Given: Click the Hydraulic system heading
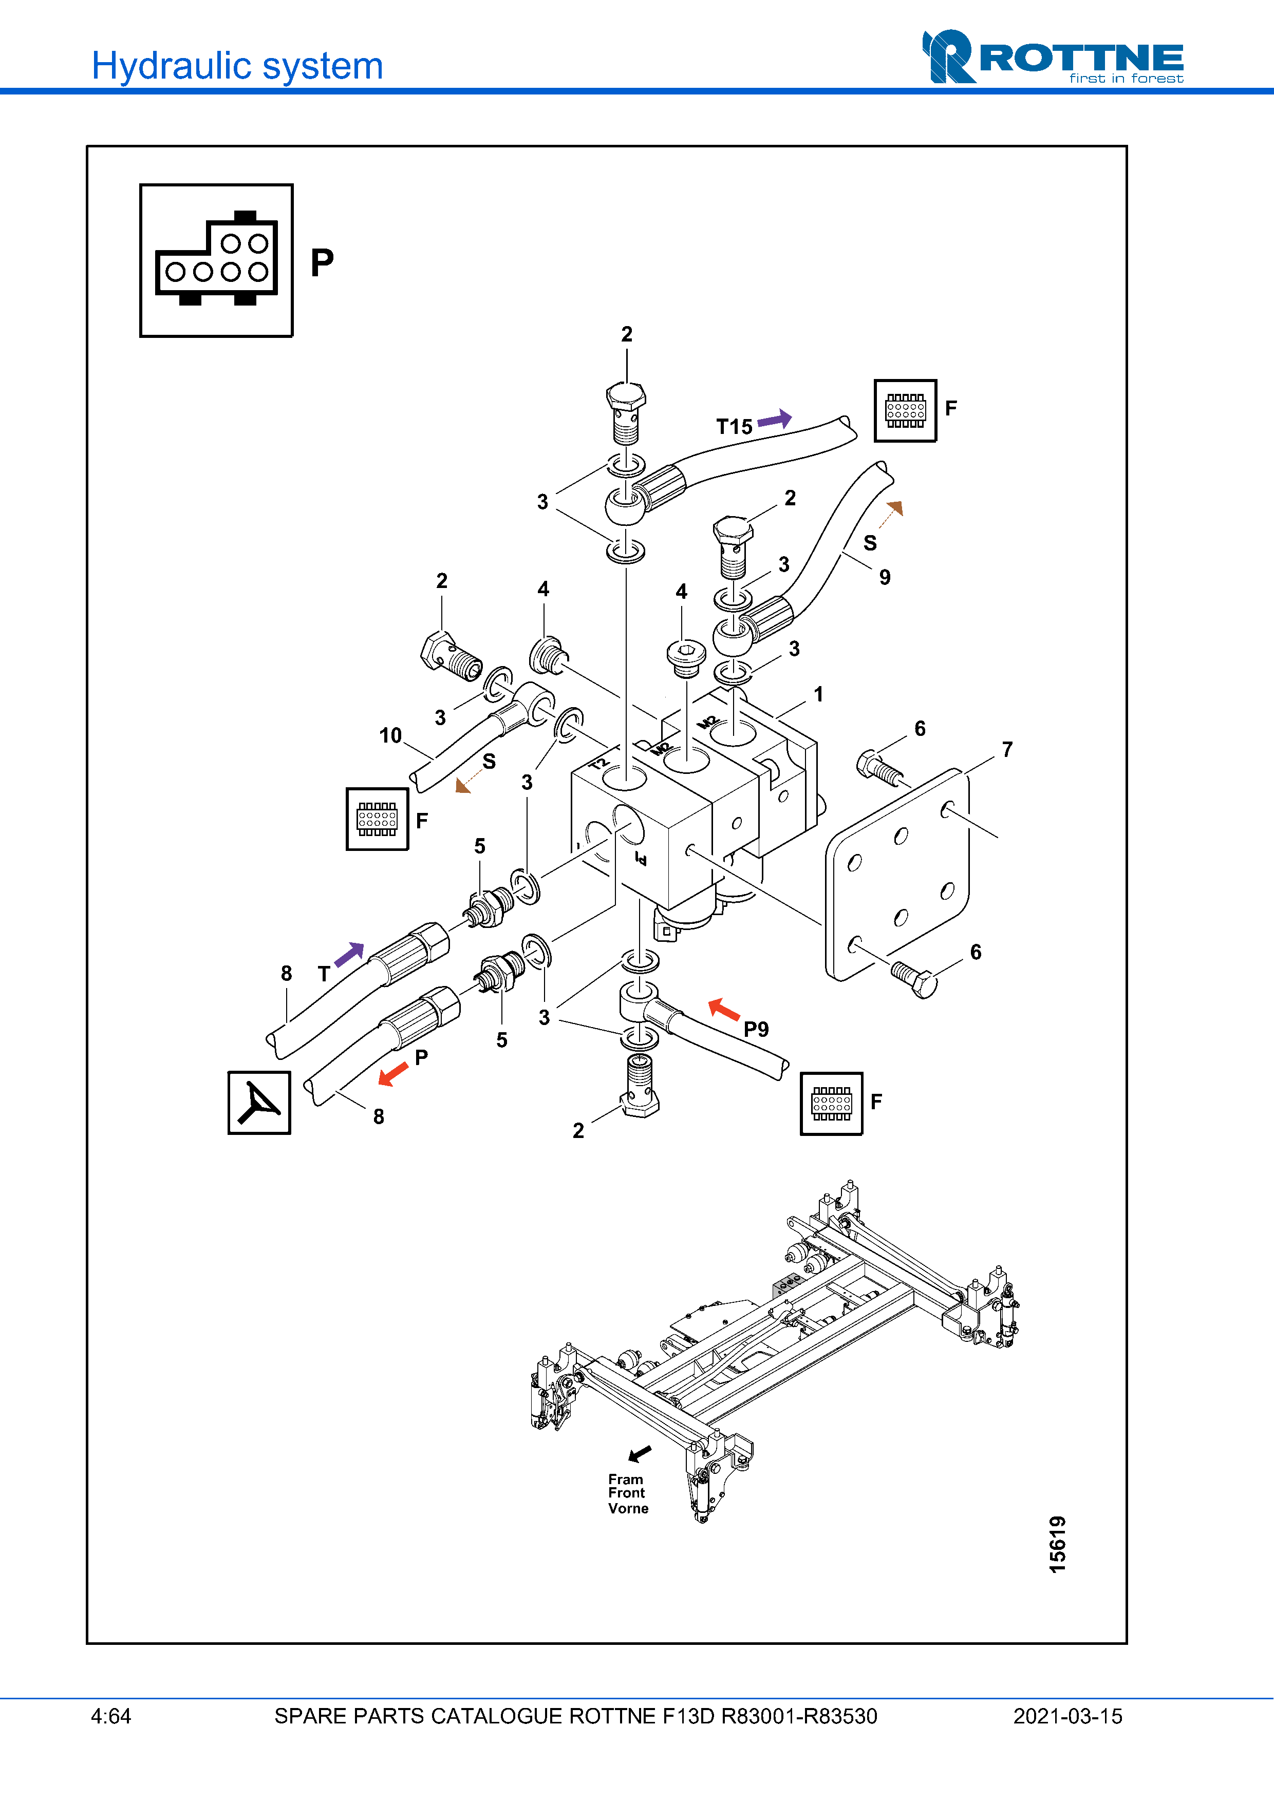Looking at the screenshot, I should (x=237, y=66).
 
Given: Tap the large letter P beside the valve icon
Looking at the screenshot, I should (x=322, y=263).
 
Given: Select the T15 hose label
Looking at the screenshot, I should (x=734, y=427).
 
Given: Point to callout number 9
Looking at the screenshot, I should (x=885, y=578).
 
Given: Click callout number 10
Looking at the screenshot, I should (x=390, y=735).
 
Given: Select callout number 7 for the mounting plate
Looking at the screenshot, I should (x=1007, y=750).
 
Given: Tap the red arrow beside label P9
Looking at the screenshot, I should (x=724, y=1009).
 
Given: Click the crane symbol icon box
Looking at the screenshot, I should (x=259, y=1103).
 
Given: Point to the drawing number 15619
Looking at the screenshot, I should (x=1057, y=1544).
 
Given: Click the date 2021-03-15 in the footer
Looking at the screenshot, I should (x=1067, y=1716).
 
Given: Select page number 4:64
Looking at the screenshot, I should (x=110, y=1716).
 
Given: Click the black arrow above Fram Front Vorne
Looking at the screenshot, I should (x=640, y=1453).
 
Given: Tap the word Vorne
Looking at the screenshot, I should (x=628, y=1508).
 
